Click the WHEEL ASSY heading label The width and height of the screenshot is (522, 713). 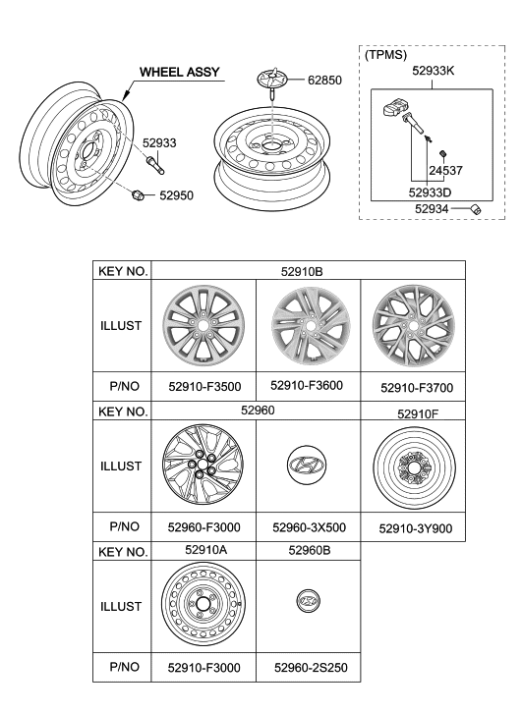coord(179,72)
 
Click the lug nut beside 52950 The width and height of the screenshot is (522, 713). coord(138,194)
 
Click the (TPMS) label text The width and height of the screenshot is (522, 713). coord(385,55)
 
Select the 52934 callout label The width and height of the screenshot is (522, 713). coord(432,208)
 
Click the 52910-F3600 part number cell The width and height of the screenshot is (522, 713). coord(308,386)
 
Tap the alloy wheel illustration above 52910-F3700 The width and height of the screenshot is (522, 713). coord(412,325)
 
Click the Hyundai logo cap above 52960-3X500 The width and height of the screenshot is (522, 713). coord(308,466)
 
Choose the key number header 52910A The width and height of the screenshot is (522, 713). coord(203,552)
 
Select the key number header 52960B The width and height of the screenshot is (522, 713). coord(308,552)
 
